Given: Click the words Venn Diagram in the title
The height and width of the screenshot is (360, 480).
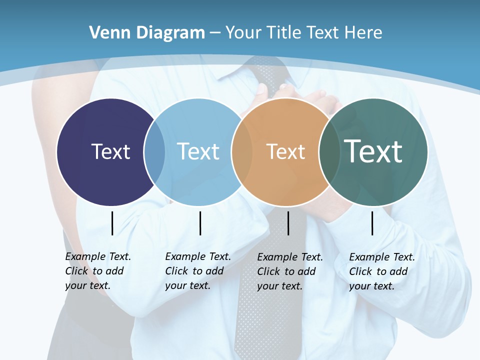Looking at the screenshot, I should (x=147, y=33).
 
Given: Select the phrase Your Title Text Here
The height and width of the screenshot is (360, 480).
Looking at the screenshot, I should (x=303, y=33).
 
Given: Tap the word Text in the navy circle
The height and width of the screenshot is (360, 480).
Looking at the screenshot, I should (x=110, y=151).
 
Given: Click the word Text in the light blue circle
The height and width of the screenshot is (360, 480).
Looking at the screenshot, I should (x=198, y=151).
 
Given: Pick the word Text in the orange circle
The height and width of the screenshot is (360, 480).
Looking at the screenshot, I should (x=285, y=151).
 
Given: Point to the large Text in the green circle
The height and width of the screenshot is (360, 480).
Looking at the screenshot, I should (x=373, y=151).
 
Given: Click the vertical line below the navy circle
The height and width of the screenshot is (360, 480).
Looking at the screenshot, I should (x=112, y=223).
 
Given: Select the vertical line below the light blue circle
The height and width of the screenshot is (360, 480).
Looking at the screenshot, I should (x=200, y=223).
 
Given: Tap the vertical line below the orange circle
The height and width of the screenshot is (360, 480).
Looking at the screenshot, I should (x=288, y=223).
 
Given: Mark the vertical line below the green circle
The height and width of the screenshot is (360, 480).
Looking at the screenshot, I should (x=372, y=223).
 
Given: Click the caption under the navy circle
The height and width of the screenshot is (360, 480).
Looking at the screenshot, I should (x=97, y=271).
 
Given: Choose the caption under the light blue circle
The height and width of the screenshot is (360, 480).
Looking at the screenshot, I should (x=197, y=271).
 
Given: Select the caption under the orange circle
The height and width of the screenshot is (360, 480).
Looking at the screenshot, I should (x=289, y=271).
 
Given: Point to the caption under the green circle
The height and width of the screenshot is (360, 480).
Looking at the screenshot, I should (x=381, y=271).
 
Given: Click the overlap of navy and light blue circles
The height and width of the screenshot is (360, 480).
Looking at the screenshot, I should (x=154, y=152).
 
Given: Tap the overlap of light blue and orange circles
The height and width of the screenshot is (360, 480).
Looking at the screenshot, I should (x=242, y=152).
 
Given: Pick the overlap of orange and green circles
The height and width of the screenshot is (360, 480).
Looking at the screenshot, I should (x=329, y=152).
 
